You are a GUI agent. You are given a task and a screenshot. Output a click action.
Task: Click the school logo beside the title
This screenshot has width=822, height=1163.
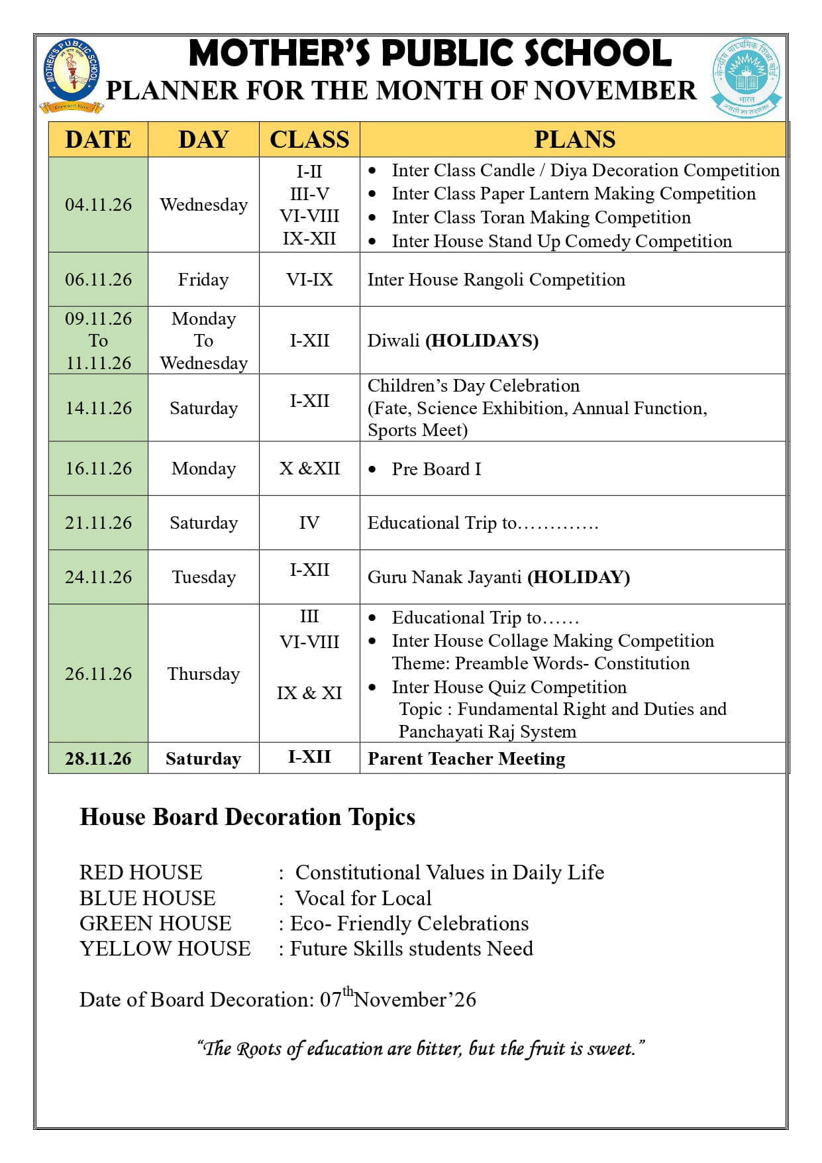coord(72,75)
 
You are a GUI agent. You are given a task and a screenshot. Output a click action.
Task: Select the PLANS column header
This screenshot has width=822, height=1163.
coord(574,139)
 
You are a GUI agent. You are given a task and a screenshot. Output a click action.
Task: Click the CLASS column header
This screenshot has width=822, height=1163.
coord(309,139)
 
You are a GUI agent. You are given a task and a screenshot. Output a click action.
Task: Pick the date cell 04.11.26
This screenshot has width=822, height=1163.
coord(98,205)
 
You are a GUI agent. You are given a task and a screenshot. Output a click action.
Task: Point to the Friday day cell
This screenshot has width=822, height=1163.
coord(203,280)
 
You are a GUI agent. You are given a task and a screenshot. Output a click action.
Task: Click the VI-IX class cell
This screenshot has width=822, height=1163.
coord(309,280)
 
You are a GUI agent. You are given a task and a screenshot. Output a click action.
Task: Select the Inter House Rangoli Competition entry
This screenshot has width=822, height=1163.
coord(496,280)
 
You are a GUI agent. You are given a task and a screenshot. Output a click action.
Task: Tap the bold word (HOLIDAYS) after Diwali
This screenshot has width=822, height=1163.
coord(482,341)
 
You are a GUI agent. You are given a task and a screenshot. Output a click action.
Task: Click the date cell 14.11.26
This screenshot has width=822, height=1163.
coord(98,408)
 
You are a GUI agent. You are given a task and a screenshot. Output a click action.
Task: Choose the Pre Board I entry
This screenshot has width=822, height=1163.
coord(436,469)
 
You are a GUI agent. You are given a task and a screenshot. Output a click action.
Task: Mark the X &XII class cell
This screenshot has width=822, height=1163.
coord(309,469)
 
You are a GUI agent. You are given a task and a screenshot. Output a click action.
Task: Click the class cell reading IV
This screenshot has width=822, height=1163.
coord(309,523)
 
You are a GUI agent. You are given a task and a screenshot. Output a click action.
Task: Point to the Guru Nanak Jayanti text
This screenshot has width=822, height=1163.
coord(444,577)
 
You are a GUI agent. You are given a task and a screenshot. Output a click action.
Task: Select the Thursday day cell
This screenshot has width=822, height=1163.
coord(203,674)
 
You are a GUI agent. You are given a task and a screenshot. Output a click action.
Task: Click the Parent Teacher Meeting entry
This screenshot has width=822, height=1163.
coord(466,759)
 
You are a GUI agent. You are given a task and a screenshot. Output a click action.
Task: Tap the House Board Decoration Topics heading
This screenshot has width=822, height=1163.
coord(247,817)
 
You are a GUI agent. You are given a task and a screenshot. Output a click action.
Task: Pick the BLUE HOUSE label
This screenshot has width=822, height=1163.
coord(147,899)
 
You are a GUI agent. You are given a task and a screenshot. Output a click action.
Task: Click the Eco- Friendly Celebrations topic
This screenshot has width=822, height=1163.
coord(409,924)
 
